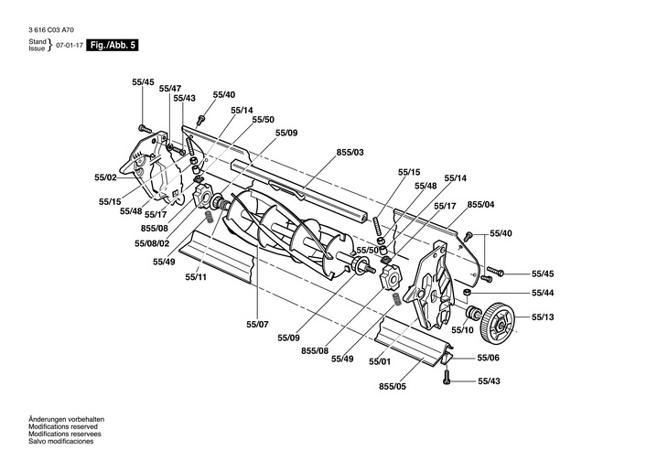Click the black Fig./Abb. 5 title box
[113, 45]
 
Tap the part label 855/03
[350, 152]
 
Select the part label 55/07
[257, 325]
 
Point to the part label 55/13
[543, 316]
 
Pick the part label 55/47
[170, 89]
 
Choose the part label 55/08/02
[152, 243]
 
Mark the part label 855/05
[393, 386]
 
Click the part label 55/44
[543, 293]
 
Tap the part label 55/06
[489, 358]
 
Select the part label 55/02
[105, 177]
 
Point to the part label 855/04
[481, 205]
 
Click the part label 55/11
[196, 277]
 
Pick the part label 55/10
[462, 329]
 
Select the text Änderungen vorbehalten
[66, 419]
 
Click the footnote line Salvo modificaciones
[61, 441]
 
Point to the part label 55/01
[380, 361]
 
